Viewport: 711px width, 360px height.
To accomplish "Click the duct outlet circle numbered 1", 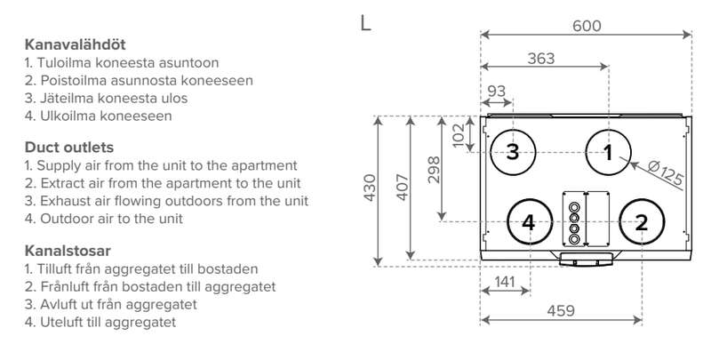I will coord(609,152).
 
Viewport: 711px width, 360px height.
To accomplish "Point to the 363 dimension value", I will coord(540,59).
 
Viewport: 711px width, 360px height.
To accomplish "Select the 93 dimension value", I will coord(497,92).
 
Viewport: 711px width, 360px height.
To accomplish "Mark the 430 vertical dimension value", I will coord(370,189).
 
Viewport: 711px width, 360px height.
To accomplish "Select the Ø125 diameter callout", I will coord(666,172).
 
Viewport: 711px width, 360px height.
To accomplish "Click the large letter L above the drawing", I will coord(365,23).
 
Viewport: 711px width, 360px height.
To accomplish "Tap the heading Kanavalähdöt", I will coord(69,44).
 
